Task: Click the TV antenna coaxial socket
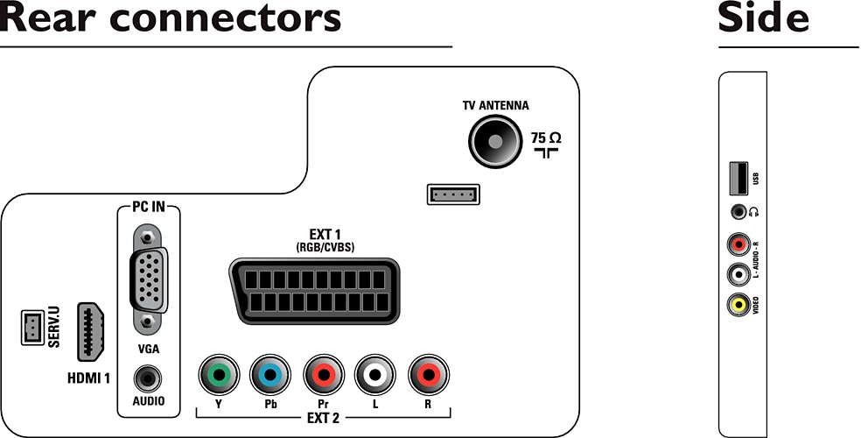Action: point(494,142)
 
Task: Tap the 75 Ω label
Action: point(545,138)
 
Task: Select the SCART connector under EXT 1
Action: point(314,291)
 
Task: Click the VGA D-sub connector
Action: point(147,279)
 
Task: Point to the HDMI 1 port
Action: point(91,331)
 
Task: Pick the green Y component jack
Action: point(219,375)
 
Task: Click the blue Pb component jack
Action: point(270,375)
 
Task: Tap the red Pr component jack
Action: point(324,375)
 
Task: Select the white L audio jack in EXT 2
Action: point(375,375)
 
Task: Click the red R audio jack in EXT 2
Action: point(429,375)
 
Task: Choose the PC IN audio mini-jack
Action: point(148,378)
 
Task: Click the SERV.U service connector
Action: point(32,328)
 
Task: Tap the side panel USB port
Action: point(738,178)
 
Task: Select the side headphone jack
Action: point(738,212)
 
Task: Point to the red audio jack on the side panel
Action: point(739,244)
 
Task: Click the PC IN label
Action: point(148,208)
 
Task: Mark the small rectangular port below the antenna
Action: point(453,194)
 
